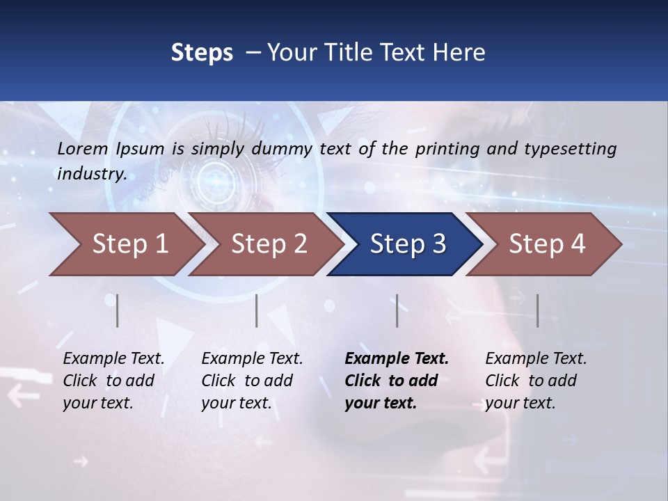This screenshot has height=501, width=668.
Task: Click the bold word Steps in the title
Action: coord(202,53)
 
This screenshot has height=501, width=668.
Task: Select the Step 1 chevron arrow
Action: coord(129,244)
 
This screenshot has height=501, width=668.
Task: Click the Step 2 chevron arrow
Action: coord(269,244)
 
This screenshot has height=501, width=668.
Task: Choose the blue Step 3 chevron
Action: coord(407,244)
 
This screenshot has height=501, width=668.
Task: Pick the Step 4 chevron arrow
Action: coord(546,244)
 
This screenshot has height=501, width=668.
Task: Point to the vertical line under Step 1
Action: coord(118,310)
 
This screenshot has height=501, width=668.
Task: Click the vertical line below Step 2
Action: coord(257,310)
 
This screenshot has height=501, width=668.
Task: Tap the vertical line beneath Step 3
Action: coord(397,310)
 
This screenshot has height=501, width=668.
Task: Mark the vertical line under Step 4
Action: coord(538,310)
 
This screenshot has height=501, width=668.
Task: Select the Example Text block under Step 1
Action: coord(113,381)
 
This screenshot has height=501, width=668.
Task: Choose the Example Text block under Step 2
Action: coord(252,381)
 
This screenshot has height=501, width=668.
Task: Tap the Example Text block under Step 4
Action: coord(536,381)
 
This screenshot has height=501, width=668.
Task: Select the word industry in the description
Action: coord(91,174)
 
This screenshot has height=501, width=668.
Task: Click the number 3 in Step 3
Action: coord(438,244)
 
